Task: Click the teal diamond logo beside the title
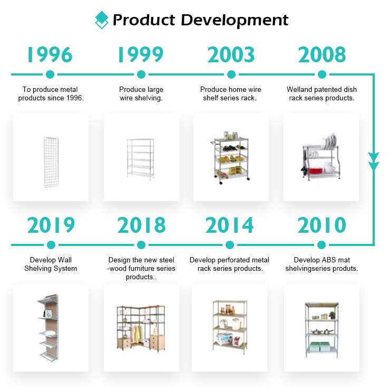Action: point(102,20)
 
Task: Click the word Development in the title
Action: point(235,21)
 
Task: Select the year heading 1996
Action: point(50,54)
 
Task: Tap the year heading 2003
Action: point(231,54)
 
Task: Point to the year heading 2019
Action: point(51,225)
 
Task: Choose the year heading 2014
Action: point(229,225)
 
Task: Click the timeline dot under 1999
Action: point(141,74)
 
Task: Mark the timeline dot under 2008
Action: point(322,74)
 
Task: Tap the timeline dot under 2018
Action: point(141,245)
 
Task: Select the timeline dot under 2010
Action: point(322,245)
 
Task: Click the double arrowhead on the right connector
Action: point(374,162)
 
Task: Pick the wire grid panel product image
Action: point(51,162)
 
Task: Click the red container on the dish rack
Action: point(316,170)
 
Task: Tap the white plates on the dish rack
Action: point(330,141)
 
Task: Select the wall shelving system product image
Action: point(48,328)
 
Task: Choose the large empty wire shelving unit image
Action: point(140,159)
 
